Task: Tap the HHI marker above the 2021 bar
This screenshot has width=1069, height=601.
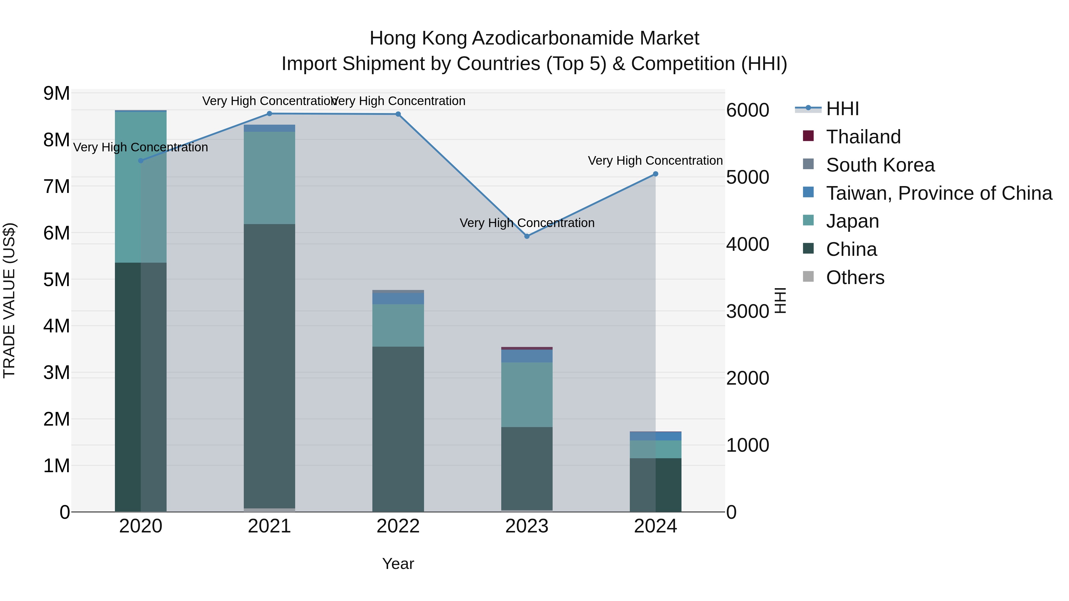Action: [269, 114]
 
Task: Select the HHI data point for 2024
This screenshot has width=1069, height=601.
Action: [655, 174]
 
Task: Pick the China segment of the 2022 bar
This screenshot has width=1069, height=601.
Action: [398, 429]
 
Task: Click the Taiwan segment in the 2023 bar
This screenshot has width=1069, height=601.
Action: [526, 356]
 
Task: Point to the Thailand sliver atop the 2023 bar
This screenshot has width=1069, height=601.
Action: [526, 348]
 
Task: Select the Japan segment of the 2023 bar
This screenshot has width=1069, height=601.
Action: [526, 394]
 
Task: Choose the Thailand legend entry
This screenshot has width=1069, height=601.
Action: [863, 137]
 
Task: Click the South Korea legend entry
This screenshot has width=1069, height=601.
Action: [880, 165]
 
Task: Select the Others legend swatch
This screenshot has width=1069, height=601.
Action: [808, 277]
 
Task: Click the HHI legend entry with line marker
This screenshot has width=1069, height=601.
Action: [842, 109]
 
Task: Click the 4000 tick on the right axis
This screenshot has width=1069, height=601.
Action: [747, 244]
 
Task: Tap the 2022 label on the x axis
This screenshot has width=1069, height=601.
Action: [398, 526]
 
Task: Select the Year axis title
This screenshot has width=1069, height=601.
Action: [398, 564]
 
